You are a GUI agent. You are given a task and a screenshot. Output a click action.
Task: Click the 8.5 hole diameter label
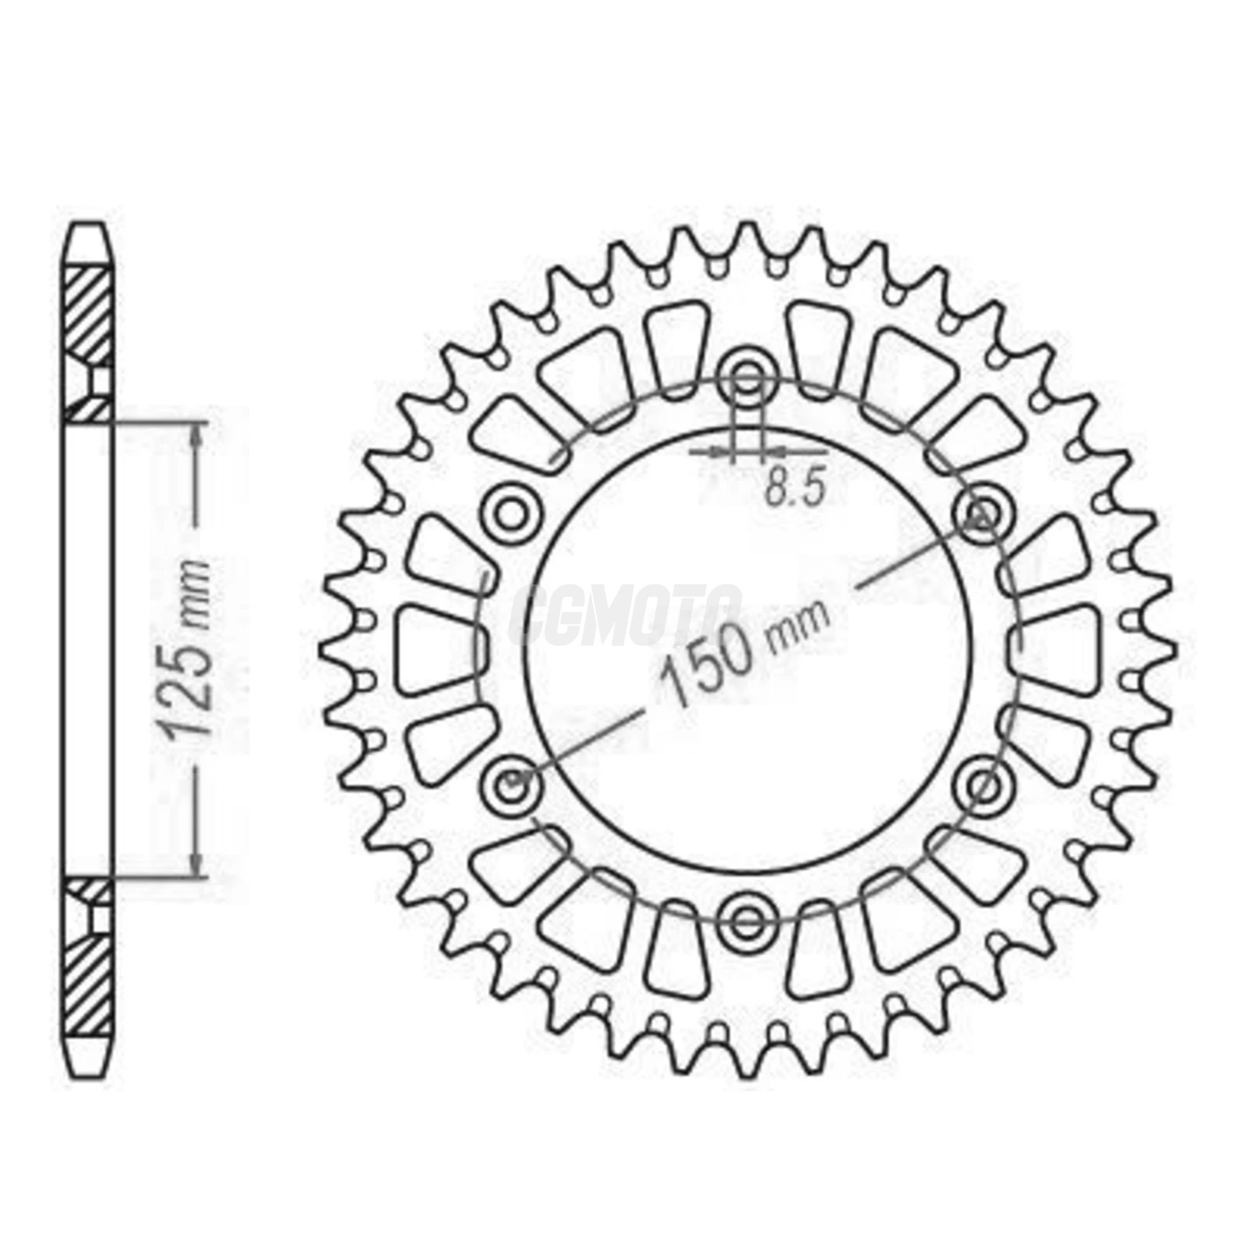pos(796,490)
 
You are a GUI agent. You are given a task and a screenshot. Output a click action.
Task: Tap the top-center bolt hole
pos(749,379)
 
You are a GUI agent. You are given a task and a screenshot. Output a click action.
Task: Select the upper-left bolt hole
pos(512,515)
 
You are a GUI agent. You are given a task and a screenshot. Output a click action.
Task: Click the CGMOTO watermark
pos(624,615)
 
